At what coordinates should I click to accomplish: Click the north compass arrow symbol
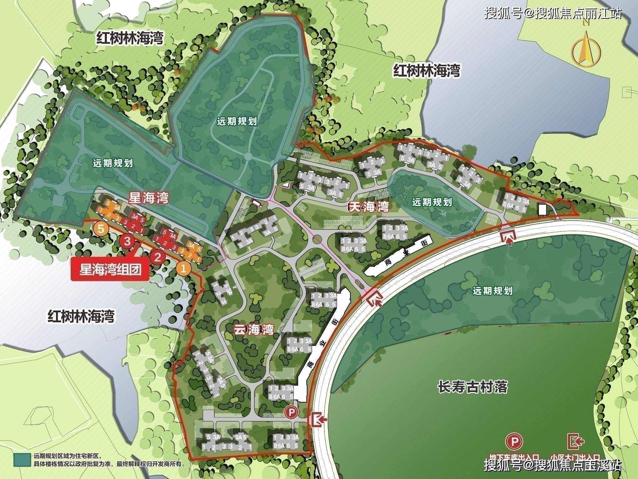[x=582, y=50]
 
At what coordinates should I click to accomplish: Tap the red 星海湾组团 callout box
[x=110, y=269]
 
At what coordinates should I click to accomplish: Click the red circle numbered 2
[x=157, y=257]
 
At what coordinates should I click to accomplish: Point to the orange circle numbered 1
[x=184, y=268]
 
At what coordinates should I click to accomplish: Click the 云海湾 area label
[x=254, y=329]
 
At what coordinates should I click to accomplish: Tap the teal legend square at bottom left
[x=22, y=460]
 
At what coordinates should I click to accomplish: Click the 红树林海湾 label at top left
[x=130, y=38]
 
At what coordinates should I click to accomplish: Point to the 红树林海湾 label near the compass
[x=427, y=71]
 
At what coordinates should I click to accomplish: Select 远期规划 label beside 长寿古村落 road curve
[x=493, y=291]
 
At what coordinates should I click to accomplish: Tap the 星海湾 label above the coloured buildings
[x=149, y=198]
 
